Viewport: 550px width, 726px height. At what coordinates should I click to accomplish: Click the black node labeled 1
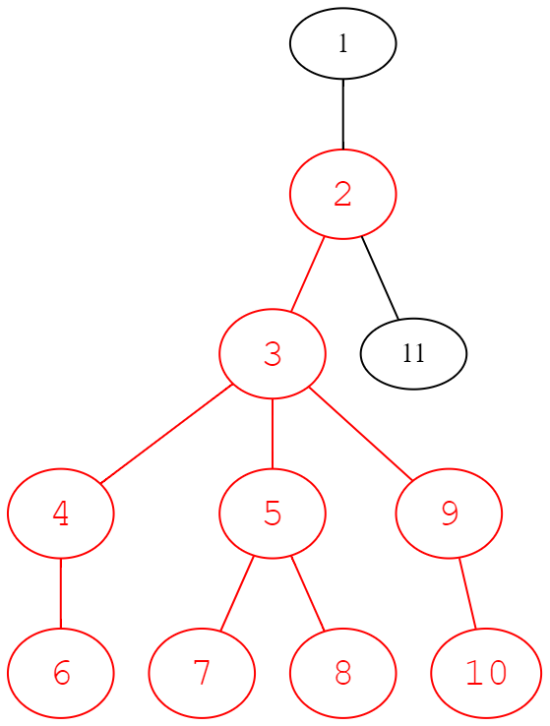343,43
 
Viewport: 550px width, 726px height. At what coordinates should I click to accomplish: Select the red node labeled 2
343,194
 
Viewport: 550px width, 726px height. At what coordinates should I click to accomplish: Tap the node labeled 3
273,354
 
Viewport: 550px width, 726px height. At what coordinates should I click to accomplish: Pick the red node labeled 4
60,514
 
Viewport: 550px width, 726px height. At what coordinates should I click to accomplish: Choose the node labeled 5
273,514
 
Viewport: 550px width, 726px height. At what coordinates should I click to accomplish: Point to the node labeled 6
60,673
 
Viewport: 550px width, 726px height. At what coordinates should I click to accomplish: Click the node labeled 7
202,673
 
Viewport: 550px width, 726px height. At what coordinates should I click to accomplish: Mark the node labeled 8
343,673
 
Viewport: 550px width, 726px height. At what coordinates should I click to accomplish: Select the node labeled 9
449,514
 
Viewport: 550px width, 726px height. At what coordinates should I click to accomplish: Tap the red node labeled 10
486,673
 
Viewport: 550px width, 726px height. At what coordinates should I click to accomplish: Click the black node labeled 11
413,354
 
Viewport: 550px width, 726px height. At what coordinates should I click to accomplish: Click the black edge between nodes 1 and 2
343,114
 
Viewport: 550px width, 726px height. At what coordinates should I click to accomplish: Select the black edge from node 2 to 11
380,277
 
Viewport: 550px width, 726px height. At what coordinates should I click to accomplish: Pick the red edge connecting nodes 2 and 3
307,274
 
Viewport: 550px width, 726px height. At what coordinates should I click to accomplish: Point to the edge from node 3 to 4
165,434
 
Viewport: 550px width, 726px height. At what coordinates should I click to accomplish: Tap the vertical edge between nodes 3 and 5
273,434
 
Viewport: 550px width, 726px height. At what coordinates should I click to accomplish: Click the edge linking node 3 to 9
361,434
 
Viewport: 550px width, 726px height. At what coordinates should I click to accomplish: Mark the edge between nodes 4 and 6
60,593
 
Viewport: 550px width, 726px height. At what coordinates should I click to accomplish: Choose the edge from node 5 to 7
237,593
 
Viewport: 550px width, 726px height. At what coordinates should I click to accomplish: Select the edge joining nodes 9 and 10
467,593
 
